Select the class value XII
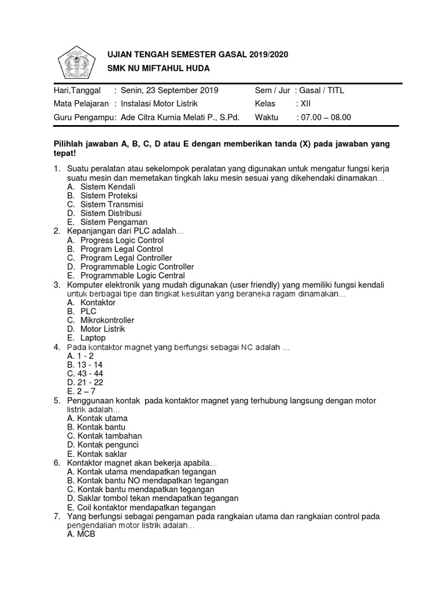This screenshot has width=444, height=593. coord(305,104)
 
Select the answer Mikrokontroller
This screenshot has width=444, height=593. coord(107,320)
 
